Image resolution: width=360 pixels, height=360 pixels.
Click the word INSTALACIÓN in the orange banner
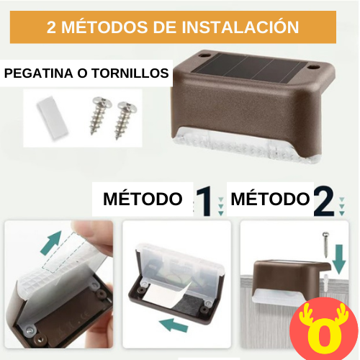click(240, 27)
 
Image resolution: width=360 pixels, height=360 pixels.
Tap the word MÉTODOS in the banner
click(104, 27)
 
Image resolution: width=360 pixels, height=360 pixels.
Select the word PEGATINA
click(39, 73)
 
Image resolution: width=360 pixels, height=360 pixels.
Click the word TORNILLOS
click(130, 73)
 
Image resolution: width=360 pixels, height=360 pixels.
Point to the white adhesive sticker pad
click(53, 117)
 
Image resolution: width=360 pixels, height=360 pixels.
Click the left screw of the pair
click(100, 114)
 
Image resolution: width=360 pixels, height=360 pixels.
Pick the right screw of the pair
click(125, 120)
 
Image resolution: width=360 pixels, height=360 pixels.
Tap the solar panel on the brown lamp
click(250, 69)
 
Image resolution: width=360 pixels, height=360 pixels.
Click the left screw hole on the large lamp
click(204, 56)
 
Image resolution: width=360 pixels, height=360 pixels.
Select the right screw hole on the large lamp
click(313, 67)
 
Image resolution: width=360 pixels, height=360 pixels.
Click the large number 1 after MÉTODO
click(204, 201)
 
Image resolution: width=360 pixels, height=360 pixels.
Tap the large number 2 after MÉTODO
click(324, 201)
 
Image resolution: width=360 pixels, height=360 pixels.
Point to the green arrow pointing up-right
click(51, 243)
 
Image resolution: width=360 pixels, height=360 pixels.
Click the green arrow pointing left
click(174, 325)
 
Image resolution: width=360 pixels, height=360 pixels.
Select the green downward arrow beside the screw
click(339, 258)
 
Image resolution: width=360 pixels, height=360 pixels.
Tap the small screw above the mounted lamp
click(325, 245)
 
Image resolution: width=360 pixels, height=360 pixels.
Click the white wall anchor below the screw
click(326, 282)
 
